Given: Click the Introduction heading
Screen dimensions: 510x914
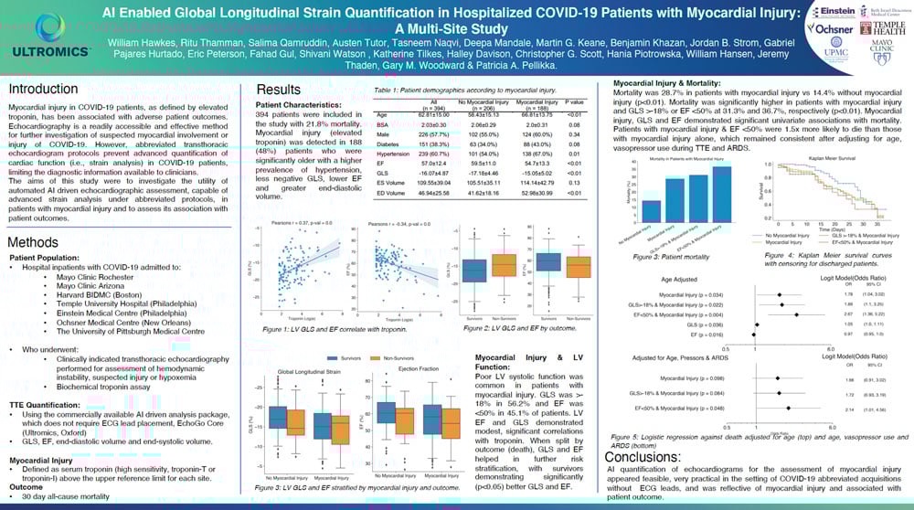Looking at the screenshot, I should point(43,90).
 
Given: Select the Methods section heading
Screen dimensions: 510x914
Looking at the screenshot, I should point(34,243).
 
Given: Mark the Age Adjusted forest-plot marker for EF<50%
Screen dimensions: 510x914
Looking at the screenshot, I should point(797,313).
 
